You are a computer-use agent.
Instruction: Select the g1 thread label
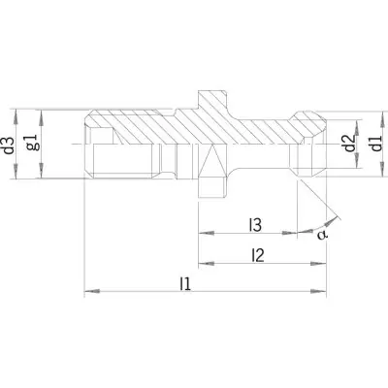(x=34, y=143)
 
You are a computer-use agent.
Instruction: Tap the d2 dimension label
(x=349, y=144)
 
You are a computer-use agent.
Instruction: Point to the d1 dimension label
(x=376, y=144)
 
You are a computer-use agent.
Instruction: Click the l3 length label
(x=255, y=225)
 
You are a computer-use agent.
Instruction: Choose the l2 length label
(x=258, y=255)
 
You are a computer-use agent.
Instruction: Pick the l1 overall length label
(x=185, y=284)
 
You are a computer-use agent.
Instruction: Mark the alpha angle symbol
(x=322, y=235)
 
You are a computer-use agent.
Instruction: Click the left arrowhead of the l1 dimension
(x=92, y=291)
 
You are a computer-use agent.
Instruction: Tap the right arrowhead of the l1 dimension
(x=318, y=291)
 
